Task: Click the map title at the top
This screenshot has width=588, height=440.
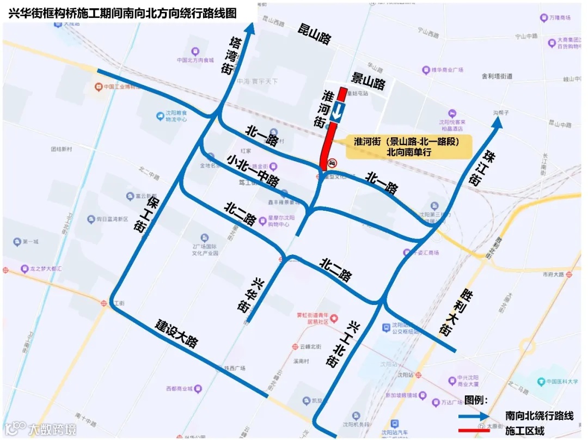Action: tap(122, 14)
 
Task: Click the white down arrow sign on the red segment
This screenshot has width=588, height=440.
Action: tap(338, 111)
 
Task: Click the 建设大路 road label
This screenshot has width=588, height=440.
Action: tap(177, 333)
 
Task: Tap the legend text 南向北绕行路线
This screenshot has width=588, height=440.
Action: tap(539, 415)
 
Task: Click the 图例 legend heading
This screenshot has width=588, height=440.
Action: tap(476, 400)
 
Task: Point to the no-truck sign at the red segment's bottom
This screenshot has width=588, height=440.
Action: tap(332, 163)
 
